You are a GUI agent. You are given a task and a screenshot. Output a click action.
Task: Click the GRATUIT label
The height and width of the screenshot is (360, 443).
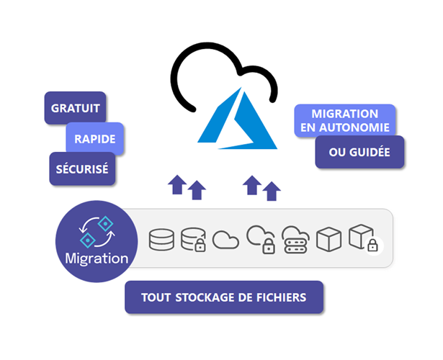[75, 109]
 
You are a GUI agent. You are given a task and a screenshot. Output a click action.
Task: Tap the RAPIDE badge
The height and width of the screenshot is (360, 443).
[95, 138]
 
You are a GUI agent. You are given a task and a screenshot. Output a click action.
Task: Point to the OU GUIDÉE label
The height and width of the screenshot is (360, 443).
[359, 153]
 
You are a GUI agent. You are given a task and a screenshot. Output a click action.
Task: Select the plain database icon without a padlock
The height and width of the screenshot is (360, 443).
[161, 239]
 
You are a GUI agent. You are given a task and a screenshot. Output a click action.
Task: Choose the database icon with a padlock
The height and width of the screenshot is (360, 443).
[194, 239]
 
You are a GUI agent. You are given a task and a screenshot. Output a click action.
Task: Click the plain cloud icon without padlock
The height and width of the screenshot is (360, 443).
[226, 239]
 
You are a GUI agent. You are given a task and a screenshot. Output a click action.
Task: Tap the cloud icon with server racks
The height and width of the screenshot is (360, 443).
[295, 239]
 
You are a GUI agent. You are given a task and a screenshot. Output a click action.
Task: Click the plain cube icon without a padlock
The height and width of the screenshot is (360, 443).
[328, 239]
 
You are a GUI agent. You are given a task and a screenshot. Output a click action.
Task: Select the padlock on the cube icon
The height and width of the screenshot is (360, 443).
[372, 246]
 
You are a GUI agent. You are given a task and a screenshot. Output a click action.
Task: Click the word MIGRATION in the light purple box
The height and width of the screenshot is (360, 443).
[344, 114]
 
